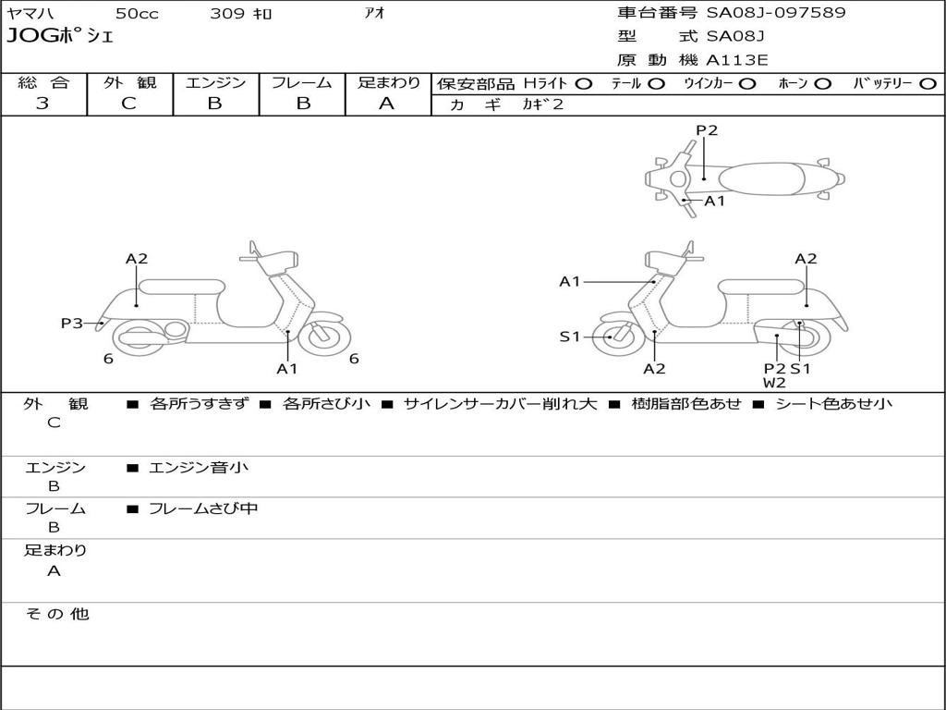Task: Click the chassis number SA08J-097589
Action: pos(776,13)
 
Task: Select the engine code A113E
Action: pos(737,61)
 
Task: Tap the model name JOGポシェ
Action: pos(60,37)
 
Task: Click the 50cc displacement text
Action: pos(136,14)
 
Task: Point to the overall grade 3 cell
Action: pos(42,104)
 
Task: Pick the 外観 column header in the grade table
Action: pos(129,82)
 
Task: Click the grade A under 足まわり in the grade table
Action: pos(387,104)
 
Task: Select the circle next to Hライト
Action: pos(584,83)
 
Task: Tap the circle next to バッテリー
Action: pos(928,83)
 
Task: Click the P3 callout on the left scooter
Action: pos(72,323)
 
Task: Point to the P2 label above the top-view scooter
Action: pos(707,130)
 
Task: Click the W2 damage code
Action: pos(774,383)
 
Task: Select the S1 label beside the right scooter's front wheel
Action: pos(570,337)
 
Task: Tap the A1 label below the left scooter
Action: pos(287,369)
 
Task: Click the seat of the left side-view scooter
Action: pos(181,287)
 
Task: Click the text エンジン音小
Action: pos(199,468)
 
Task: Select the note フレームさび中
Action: pos(203,508)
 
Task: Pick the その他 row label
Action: pos(56,614)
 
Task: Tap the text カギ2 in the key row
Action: pos(542,104)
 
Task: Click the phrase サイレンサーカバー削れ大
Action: pos(500,404)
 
